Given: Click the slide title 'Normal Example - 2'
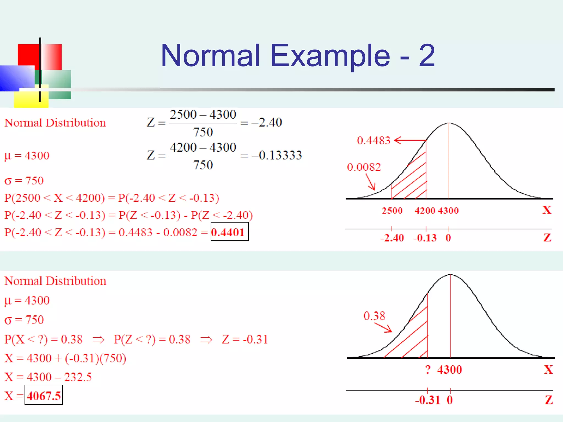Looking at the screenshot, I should point(298,55).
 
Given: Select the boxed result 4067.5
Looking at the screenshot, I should point(44,396).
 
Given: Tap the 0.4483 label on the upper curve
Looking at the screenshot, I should point(373,141).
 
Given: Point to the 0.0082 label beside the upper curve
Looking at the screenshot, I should point(364,167).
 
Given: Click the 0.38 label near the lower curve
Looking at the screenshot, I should point(374,316).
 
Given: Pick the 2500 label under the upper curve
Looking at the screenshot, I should point(392,211).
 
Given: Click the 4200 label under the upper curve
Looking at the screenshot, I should point(425,211).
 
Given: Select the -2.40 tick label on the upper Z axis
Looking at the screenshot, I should point(392,238).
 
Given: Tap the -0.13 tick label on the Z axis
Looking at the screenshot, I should point(425,238).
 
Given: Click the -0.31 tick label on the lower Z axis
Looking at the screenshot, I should point(427,400).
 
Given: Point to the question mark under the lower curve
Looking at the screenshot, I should point(428,370).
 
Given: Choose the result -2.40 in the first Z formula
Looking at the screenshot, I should point(267,123).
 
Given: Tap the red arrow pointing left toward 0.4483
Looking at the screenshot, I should point(410,140).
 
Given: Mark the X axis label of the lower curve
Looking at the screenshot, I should point(548,370).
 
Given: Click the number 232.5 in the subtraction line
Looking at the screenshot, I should point(78,377).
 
